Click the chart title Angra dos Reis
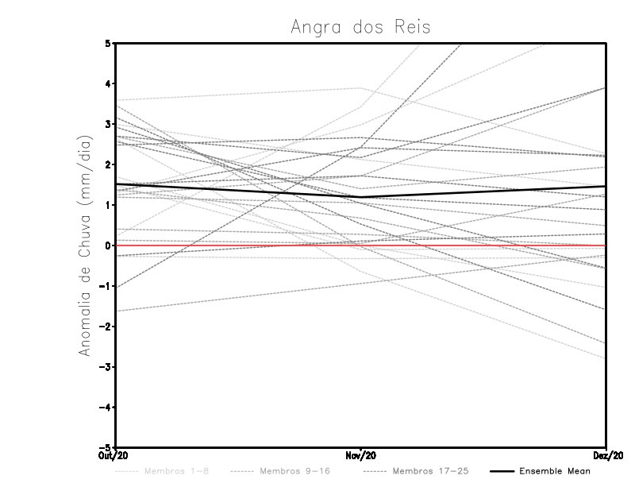point(360,27)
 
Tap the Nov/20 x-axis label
point(361,455)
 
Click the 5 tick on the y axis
point(110,43)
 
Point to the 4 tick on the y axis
point(110,83)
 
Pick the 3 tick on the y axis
point(110,124)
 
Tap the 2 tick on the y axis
point(110,164)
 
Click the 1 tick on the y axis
point(110,205)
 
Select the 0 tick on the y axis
point(110,246)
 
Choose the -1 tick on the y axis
point(106,286)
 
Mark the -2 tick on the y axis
point(106,327)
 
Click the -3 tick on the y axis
point(106,367)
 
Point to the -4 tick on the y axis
point(106,408)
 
